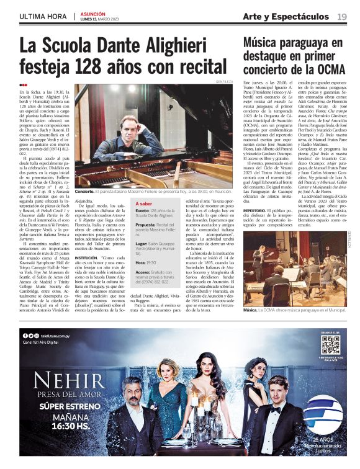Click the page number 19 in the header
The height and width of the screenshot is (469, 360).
click(341, 16)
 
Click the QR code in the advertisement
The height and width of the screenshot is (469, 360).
click(330, 345)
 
